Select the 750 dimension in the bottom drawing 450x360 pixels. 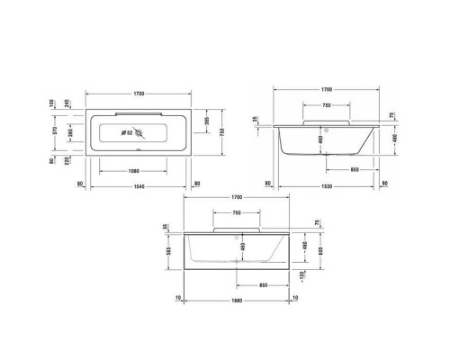coord(236,212)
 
